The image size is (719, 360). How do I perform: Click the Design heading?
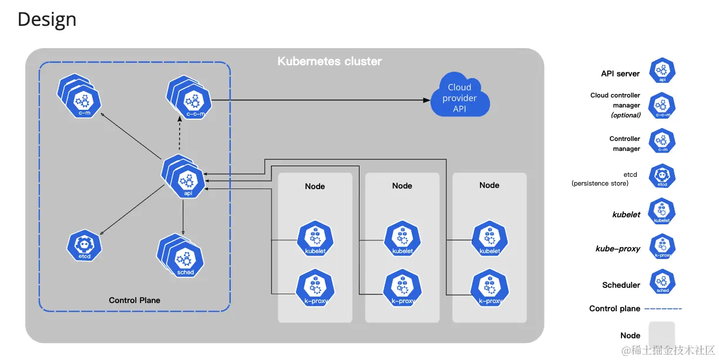pos(47,19)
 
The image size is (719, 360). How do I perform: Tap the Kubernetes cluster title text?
pos(330,61)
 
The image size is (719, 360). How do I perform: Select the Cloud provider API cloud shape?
pos(460,97)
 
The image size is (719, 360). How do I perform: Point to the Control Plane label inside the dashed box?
pos(135,300)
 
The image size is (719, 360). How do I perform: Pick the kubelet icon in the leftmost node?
pos(315,239)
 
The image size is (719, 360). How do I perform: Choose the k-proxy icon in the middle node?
pos(402,288)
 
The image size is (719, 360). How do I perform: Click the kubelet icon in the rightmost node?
pos(489,239)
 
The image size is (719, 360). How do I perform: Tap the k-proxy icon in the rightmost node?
pos(489,288)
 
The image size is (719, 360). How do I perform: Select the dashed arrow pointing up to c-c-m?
pos(180,135)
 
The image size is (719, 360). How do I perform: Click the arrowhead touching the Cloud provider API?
pos(427,100)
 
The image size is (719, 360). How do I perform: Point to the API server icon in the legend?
pos(662,71)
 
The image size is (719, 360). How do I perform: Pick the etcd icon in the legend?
pos(662,176)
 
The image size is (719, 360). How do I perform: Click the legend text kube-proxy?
pos(618,248)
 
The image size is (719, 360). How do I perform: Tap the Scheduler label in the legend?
pos(621,285)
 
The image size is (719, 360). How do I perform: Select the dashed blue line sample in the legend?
pos(663,308)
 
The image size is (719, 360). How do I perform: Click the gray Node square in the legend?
pos(662,335)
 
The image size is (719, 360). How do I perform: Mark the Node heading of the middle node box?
pos(402,186)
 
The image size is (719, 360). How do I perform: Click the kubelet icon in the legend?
pos(662,211)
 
